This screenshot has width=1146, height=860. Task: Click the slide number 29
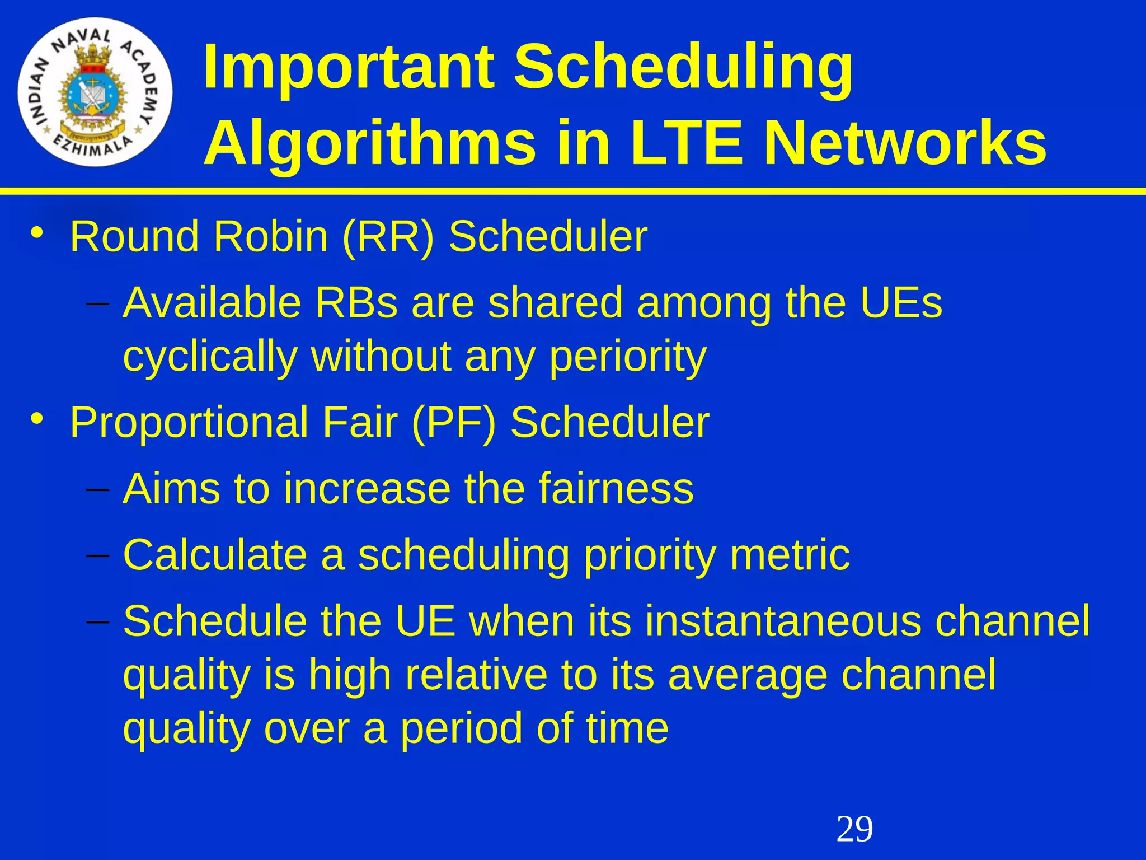(854, 829)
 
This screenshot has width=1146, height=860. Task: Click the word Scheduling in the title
(683, 68)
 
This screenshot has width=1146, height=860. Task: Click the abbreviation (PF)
(453, 423)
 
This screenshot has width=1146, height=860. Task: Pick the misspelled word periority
(628, 357)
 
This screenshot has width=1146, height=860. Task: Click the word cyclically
(210, 357)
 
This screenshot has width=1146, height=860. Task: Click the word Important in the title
(349, 68)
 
